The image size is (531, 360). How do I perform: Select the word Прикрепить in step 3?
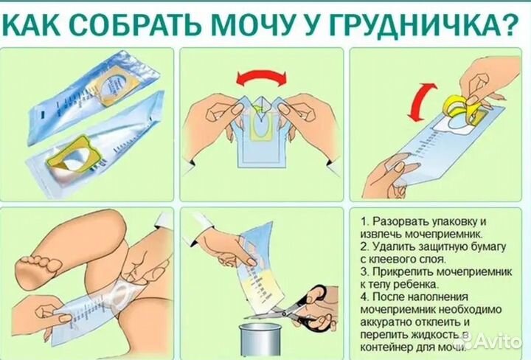[405, 272]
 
